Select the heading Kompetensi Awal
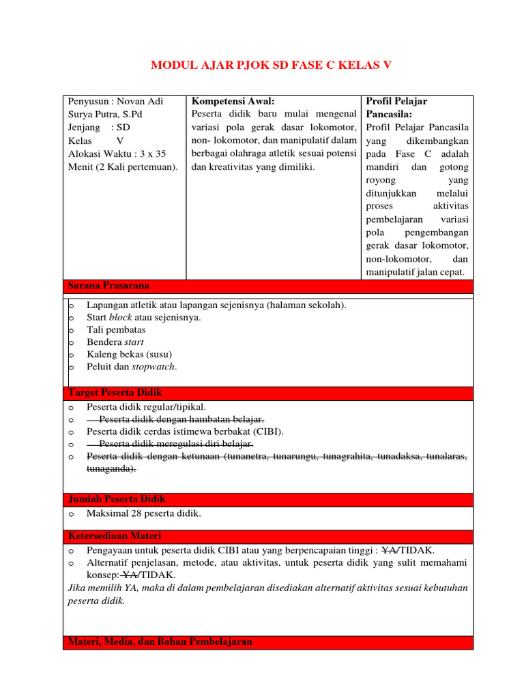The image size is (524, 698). tap(233, 101)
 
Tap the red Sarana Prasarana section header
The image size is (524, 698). tap(108, 286)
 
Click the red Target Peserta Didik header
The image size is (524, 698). tap(115, 393)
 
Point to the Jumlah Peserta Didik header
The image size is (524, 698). tap(117, 500)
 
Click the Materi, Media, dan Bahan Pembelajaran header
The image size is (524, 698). tap(160, 642)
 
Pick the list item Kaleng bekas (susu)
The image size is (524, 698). tap(129, 354)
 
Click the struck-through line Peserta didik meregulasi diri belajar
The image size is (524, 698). tap(176, 444)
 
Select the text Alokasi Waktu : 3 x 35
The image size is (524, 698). tap(117, 154)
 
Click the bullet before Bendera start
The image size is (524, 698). tap(71, 342)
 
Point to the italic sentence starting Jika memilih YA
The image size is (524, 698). tap(268, 588)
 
